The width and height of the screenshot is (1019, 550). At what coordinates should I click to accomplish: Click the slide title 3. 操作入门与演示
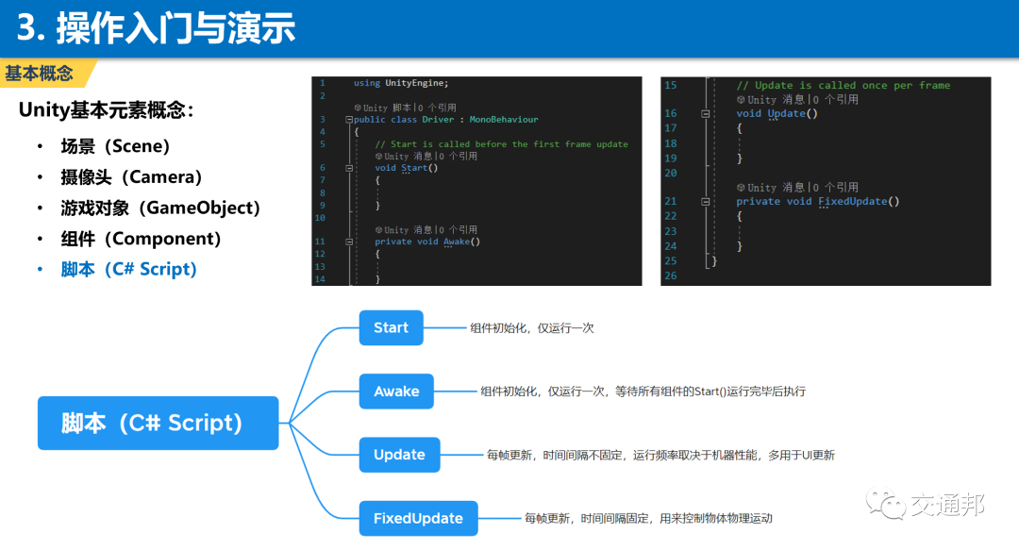tap(157, 28)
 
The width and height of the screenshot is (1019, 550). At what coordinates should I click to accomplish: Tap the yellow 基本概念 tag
tap(40, 74)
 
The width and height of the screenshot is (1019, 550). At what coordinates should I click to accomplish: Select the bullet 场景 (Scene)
tap(115, 146)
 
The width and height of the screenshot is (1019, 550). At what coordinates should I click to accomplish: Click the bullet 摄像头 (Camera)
tap(132, 177)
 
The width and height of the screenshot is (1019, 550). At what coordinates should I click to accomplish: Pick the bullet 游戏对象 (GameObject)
tap(160, 208)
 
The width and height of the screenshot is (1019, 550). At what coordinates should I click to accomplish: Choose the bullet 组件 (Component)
tap(141, 239)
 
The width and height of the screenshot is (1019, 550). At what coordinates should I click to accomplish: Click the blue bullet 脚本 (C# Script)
tap(128, 269)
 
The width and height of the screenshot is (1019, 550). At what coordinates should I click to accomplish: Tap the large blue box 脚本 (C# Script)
tap(158, 423)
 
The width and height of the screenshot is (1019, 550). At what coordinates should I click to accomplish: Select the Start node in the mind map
tap(391, 327)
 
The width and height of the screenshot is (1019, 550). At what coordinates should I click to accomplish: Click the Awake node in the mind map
tap(396, 392)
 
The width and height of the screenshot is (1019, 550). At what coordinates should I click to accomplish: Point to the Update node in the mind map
tap(399, 455)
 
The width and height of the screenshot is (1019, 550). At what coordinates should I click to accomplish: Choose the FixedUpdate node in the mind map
tap(418, 518)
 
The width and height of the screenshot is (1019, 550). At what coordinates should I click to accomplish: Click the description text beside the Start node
tap(532, 328)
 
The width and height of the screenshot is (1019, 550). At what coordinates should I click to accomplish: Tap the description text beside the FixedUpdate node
tap(649, 519)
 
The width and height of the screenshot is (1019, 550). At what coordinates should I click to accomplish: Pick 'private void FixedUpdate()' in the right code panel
tap(817, 201)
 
